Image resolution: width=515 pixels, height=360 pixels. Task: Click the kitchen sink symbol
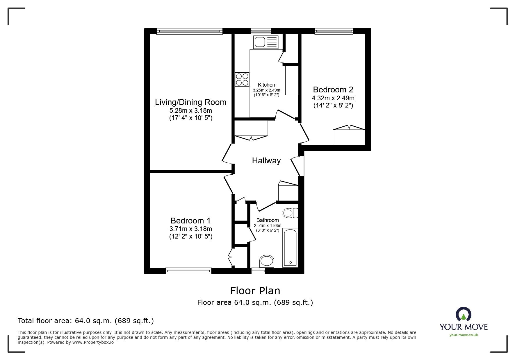point(265,42)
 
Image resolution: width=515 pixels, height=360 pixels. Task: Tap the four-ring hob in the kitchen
point(242,79)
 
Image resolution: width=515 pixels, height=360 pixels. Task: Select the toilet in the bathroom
point(290,213)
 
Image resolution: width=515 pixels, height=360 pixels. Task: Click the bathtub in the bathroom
point(290,248)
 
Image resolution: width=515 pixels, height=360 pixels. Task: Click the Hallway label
point(266,161)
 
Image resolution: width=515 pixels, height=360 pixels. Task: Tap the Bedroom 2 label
point(333,89)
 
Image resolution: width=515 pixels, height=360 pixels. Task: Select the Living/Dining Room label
point(190,102)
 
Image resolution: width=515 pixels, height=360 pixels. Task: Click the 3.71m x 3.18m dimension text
point(190,229)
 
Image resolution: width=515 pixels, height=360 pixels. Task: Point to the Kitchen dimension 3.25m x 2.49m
point(266,90)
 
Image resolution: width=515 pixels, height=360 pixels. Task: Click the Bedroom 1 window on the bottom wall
point(188,271)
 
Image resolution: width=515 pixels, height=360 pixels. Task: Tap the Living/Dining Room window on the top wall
point(189,31)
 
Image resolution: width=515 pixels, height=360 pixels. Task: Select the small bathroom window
point(258,271)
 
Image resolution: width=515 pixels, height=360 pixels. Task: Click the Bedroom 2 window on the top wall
point(334,31)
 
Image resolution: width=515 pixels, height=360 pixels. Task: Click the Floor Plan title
point(255,291)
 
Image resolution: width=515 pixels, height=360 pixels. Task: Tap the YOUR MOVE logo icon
point(463,315)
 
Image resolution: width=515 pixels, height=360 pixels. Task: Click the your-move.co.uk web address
point(464,335)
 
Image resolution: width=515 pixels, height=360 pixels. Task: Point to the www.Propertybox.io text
point(93,342)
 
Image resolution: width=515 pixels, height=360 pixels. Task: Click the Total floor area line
point(86,321)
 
